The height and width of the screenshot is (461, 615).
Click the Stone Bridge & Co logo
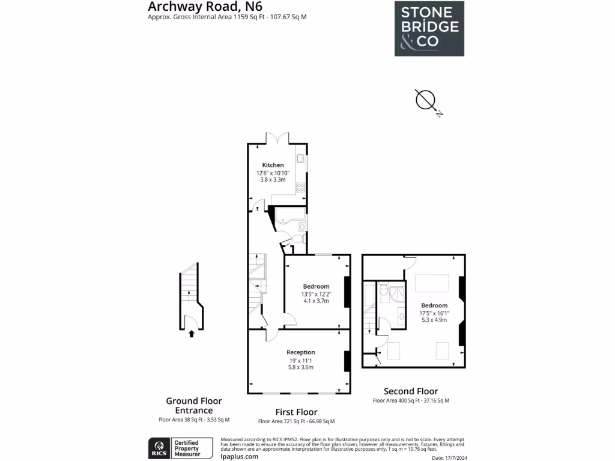tap(429, 28)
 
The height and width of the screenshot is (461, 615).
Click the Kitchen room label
tap(273, 165)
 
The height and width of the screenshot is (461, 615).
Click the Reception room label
tap(300, 352)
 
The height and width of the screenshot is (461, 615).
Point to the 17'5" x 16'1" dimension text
tap(434, 313)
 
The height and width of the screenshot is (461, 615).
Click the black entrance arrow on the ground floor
tap(192, 333)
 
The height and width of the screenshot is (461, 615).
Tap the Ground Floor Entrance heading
tap(194, 406)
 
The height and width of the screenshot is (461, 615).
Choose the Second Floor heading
tap(411, 391)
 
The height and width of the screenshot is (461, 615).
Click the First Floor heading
tap(296, 412)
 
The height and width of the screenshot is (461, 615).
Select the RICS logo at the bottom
tap(159, 447)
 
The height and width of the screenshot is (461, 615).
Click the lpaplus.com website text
tap(240, 456)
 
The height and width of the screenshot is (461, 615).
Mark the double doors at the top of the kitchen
tap(278, 139)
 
